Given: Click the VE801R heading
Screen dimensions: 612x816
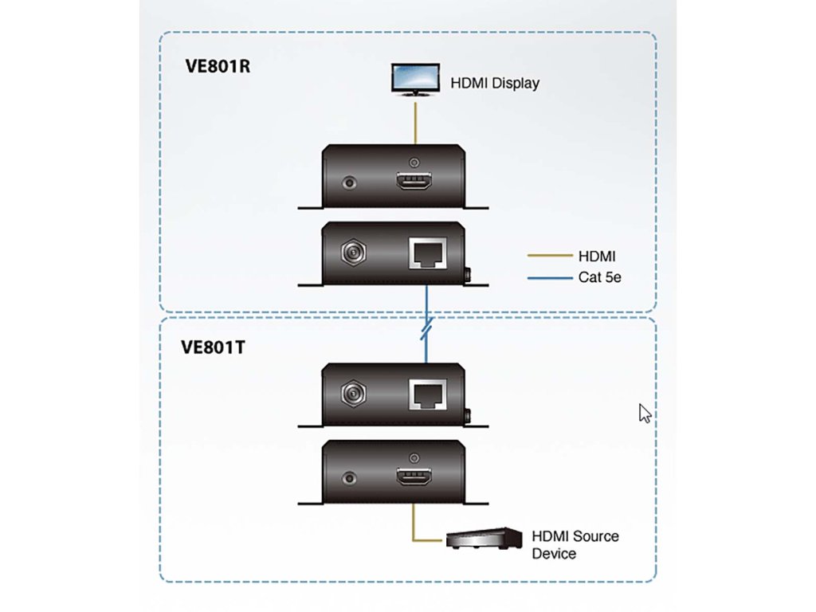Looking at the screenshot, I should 218,65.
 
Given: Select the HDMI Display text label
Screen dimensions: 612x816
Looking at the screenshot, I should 495,83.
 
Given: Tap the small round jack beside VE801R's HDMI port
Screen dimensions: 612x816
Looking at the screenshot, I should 348,182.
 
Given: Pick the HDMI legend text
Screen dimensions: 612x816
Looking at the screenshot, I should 597,257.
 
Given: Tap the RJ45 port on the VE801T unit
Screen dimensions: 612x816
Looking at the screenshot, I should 426,393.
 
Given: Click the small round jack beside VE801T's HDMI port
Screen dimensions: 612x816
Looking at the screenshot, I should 348,479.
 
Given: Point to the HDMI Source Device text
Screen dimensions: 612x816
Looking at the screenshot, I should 575,544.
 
